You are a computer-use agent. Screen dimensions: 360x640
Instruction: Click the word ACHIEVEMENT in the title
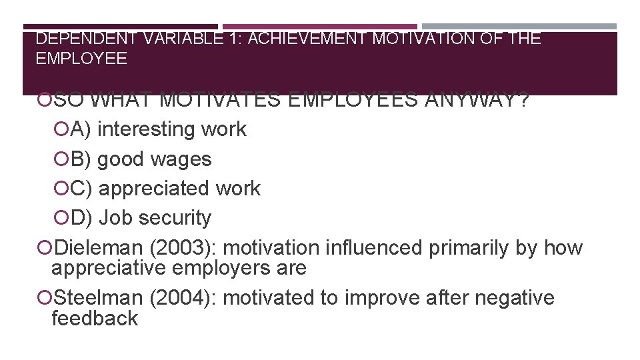303,39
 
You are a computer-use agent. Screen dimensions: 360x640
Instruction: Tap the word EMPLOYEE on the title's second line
81,59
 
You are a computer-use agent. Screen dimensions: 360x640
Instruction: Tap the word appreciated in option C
155,189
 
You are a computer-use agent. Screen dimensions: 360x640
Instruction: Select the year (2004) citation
181,297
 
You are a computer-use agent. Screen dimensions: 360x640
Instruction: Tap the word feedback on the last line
94,318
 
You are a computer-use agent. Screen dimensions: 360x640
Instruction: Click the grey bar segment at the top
519,27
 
